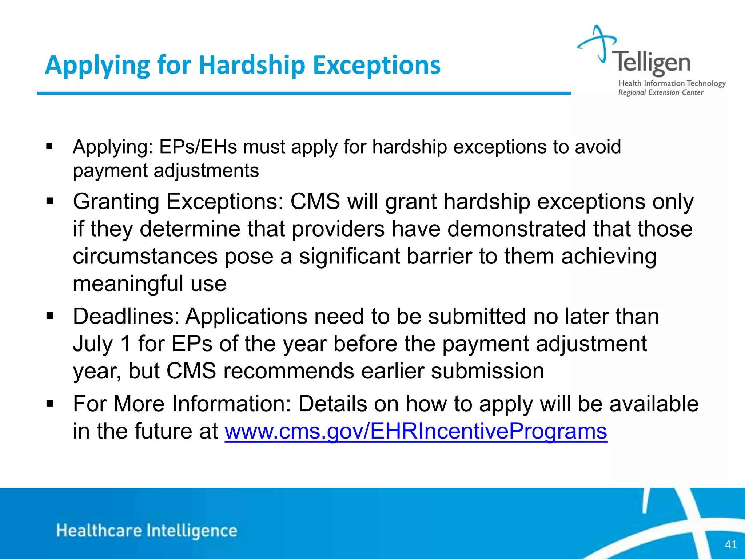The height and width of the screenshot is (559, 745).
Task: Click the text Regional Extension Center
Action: tap(661, 92)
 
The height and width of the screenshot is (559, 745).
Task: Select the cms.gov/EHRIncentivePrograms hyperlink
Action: tap(416, 431)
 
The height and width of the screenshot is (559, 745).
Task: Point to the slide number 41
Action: tap(730, 544)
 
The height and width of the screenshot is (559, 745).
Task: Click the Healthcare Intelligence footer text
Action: tap(147, 531)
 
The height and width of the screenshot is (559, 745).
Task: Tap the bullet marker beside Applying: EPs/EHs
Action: tap(50, 147)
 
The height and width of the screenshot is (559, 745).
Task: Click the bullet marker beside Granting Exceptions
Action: tap(50, 201)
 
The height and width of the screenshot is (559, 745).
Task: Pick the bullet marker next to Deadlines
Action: tap(50, 316)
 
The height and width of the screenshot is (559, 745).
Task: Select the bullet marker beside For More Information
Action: tap(50, 404)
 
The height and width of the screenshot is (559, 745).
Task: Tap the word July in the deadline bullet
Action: tap(93, 344)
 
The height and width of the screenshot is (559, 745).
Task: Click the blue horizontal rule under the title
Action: tap(304, 94)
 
